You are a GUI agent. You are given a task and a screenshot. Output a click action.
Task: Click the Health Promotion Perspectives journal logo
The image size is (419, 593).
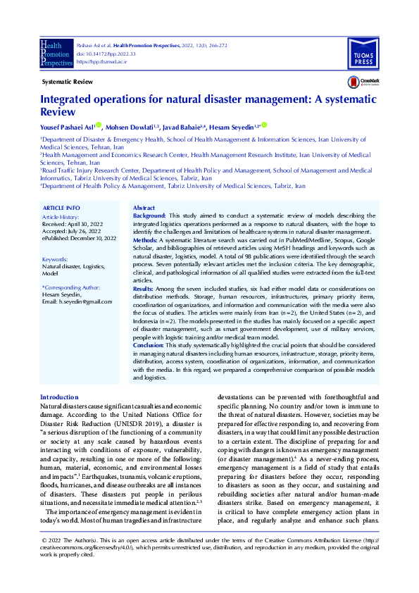56,52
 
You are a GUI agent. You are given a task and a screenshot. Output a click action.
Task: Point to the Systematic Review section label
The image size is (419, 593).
68,82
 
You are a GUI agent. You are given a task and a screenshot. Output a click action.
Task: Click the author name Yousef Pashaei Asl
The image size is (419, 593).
66,127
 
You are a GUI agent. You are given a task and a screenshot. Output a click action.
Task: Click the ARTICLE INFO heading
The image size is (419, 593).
61,209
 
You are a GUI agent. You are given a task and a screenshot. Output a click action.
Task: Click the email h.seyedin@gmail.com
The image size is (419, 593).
77,301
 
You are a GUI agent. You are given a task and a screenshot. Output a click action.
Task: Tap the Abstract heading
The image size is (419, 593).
144,208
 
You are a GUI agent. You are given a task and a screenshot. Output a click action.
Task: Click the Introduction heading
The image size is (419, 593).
59,398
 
